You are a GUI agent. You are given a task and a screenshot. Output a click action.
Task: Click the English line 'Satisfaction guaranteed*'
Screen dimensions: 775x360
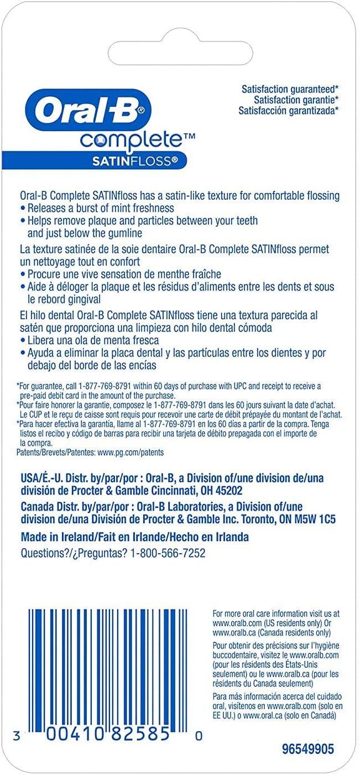(x=290, y=89)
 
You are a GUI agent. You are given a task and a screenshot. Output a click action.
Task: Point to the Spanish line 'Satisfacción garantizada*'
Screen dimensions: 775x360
(x=289, y=111)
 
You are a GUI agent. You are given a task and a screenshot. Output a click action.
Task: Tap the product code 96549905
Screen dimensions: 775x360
(x=308, y=750)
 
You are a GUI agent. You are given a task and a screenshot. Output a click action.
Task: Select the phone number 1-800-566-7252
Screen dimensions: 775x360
(x=168, y=553)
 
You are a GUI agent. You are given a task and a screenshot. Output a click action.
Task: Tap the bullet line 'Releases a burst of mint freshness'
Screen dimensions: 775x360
(x=101, y=208)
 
